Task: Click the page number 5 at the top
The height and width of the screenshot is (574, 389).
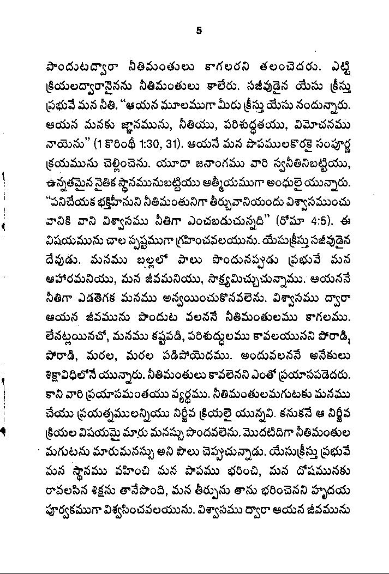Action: [x=199, y=31]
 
